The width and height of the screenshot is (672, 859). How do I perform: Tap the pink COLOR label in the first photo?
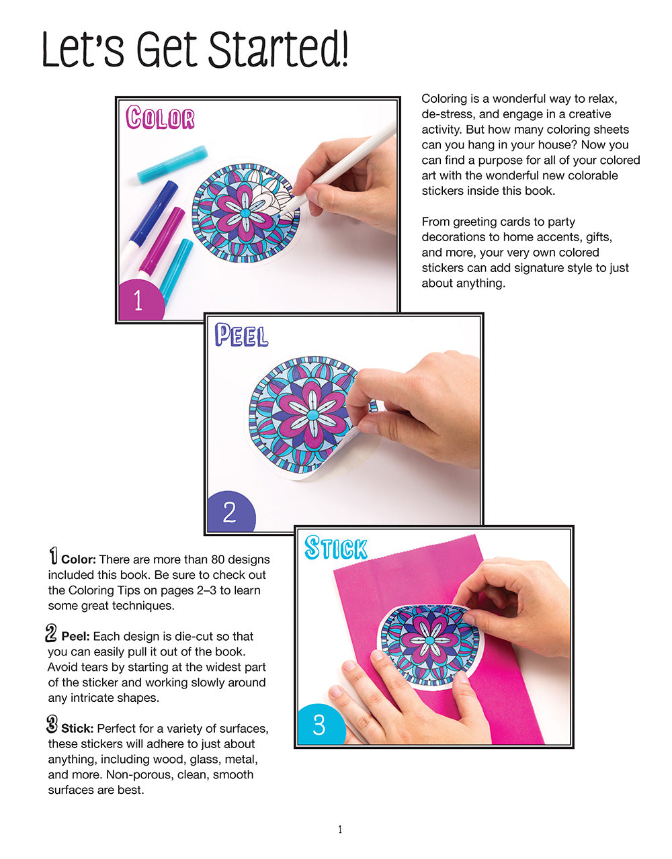(x=160, y=118)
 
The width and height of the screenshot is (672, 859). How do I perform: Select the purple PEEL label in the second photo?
(x=241, y=335)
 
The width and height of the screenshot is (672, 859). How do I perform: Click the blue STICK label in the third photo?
(x=335, y=548)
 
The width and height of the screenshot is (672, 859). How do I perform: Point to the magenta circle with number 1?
(x=140, y=300)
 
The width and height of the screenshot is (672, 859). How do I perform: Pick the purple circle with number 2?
(x=229, y=512)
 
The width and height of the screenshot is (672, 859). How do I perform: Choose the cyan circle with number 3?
(x=319, y=725)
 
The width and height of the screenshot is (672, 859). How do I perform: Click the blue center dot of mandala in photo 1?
(x=245, y=213)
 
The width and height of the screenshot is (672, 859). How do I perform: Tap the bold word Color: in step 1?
(x=79, y=559)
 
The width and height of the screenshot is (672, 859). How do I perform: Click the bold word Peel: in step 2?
(x=77, y=636)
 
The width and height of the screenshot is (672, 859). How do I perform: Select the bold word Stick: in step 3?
(x=77, y=729)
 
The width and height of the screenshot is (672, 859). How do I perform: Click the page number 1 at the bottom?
(x=339, y=829)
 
